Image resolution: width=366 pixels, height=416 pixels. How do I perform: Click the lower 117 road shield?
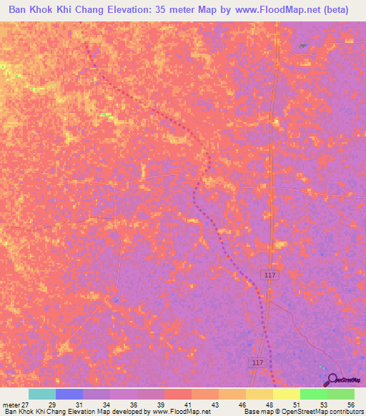pos(258,363)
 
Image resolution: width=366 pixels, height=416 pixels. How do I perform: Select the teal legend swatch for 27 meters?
pos(41,394)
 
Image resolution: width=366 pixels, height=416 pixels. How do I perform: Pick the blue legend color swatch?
pos(69,394)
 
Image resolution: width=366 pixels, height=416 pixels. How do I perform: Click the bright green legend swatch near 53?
pos(313,394)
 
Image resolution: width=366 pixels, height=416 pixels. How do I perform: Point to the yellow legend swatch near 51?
pos(286,394)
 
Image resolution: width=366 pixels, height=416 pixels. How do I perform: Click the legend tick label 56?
pos(350,404)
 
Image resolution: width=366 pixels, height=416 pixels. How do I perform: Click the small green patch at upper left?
pos(107,114)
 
